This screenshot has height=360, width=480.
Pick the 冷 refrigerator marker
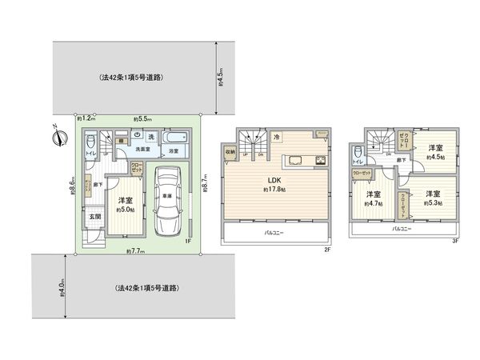click(276, 138)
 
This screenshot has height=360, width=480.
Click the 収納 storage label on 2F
click(230, 152)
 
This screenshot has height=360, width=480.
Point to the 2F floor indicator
click(327, 250)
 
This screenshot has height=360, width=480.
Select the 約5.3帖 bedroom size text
click(433, 202)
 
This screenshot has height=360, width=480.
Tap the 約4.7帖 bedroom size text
click(373, 204)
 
